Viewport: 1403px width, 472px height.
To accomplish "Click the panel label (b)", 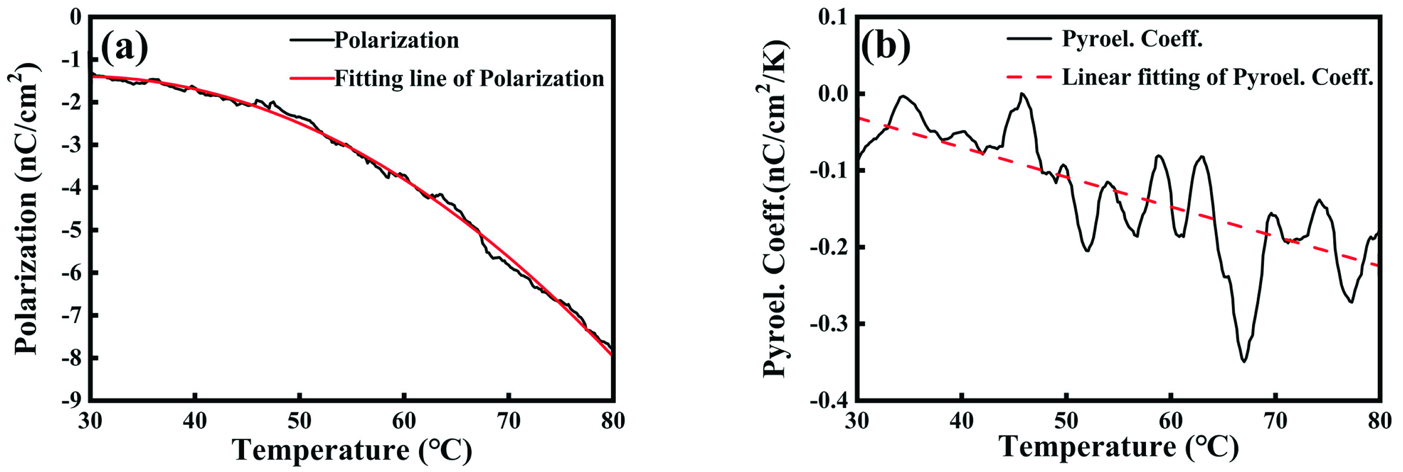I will [x=886, y=46].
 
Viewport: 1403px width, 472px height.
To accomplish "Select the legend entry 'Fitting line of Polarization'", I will [x=469, y=79].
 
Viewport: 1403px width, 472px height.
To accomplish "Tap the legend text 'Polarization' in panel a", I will [x=396, y=40].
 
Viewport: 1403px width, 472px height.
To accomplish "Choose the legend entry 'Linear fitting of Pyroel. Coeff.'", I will [x=1217, y=77].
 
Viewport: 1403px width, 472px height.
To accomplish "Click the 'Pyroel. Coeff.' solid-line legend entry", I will [x=1132, y=39].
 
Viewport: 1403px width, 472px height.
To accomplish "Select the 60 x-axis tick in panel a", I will [x=404, y=421].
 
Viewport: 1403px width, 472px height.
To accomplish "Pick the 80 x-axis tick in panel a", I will [x=613, y=421].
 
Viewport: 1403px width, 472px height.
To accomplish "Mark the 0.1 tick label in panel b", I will [x=833, y=18].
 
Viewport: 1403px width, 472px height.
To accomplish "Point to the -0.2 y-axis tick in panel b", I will [x=827, y=247].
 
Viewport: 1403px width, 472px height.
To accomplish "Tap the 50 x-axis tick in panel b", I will [x=1066, y=421].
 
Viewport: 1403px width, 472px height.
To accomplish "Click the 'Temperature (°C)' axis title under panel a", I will [x=352, y=450].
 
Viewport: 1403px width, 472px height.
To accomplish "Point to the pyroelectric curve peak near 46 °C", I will [x=1022, y=94].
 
